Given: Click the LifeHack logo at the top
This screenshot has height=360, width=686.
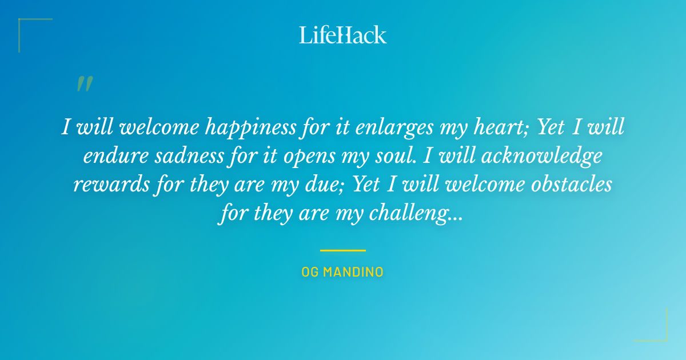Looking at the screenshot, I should (x=343, y=35).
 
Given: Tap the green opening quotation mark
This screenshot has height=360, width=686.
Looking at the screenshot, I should (x=85, y=84).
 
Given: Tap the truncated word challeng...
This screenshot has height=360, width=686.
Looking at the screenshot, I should (x=415, y=214).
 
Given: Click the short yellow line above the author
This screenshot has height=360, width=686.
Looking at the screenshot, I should (x=343, y=250).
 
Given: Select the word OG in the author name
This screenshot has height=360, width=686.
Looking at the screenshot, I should (x=310, y=272).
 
